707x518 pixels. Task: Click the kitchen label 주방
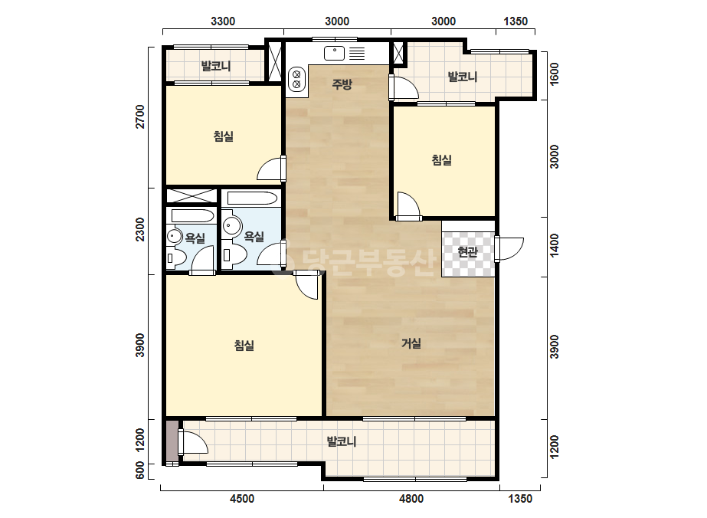(x=342, y=84)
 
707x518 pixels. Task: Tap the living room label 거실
(x=411, y=343)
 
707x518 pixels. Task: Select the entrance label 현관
(x=467, y=251)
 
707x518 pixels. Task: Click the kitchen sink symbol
(x=334, y=53)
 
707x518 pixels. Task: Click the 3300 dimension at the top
(x=223, y=21)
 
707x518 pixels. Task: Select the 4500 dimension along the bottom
(x=242, y=499)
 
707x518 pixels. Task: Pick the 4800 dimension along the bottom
(x=411, y=499)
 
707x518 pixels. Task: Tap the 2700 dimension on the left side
(x=141, y=117)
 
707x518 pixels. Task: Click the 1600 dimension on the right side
(x=554, y=73)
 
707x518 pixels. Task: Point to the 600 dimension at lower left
(x=140, y=470)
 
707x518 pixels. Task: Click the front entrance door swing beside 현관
(x=509, y=248)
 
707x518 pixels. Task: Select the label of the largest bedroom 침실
(x=244, y=346)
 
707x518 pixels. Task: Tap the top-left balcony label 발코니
(x=216, y=67)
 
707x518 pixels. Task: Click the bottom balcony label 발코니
(x=342, y=441)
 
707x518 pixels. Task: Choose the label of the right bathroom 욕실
(x=254, y=236)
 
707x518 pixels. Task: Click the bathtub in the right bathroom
(x=252, y=198)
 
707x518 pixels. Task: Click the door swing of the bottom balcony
(x=193, y=442)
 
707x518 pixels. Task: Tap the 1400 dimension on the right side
(x=554, y=245)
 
